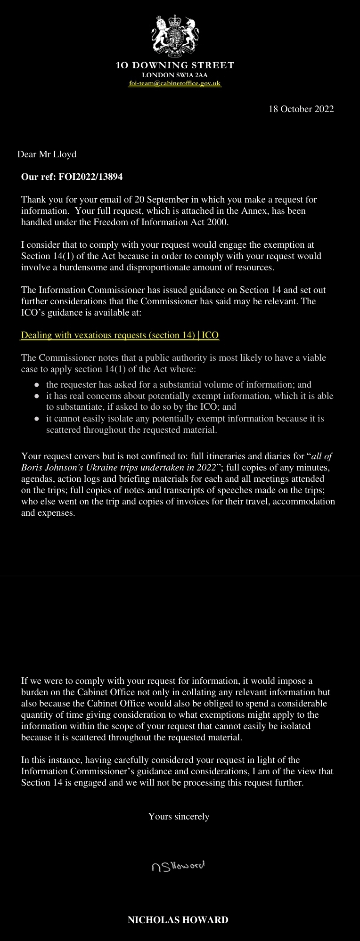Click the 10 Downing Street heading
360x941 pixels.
pyautogui.click(x=175, y=65)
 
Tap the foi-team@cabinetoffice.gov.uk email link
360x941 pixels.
pyautogui.click(x=175, y=83)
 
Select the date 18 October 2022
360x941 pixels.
pyautogui.click(x=301, y=109)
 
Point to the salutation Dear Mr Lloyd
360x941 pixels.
pyautogui.click(x=47, y=154)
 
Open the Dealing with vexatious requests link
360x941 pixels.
pyautogui.click(x=120, y=335)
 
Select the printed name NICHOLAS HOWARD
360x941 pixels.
pyautogui.click(x=178, y=920)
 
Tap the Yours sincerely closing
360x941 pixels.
pyautogui.click(x=179, y=816)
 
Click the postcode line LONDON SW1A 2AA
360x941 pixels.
pyautogui.click(x=175, y=75)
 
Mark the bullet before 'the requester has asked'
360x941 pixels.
pyautogui.click(x=37, y=385)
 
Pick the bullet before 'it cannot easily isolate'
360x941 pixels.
pyautogui.click(x=37, y=419)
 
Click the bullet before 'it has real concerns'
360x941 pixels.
pyautogui.click(x=37, y=396)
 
